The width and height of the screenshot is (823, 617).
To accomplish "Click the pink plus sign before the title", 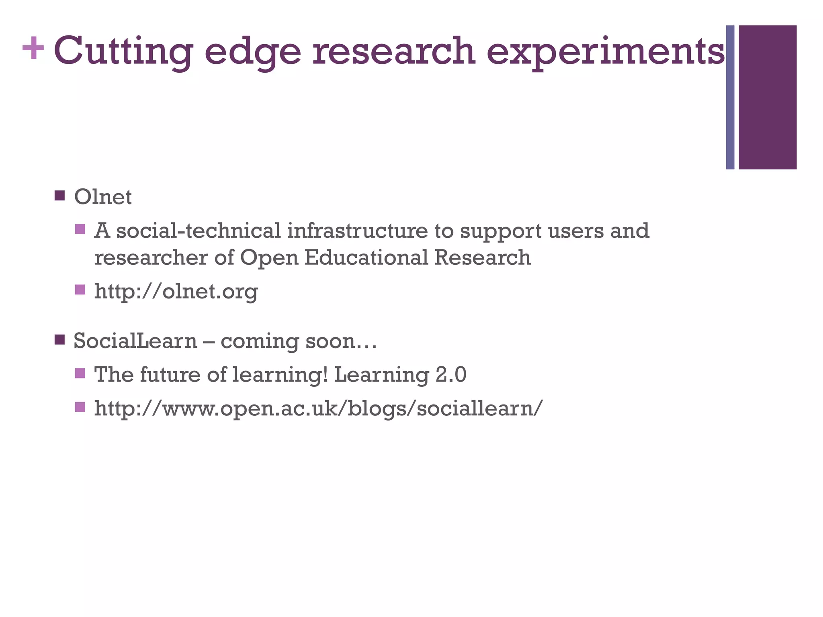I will (33, 49).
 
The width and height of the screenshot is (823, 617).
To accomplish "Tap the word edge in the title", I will (252, 51).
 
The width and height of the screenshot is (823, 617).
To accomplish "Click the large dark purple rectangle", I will (767, 97).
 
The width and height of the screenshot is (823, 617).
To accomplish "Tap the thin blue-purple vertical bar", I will (730, 97).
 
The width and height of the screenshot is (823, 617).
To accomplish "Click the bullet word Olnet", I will (103, 197).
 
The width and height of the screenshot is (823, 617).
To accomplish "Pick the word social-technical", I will (199, 231).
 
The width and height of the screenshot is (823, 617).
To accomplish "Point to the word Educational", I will (366, 257).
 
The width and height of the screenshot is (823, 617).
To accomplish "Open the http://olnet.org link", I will (176, 291).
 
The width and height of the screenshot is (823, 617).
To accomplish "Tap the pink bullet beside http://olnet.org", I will (80, 290).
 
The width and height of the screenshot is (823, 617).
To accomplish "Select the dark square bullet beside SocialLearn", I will (59, 340).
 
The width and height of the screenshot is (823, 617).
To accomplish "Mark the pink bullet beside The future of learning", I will (80, 373).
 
